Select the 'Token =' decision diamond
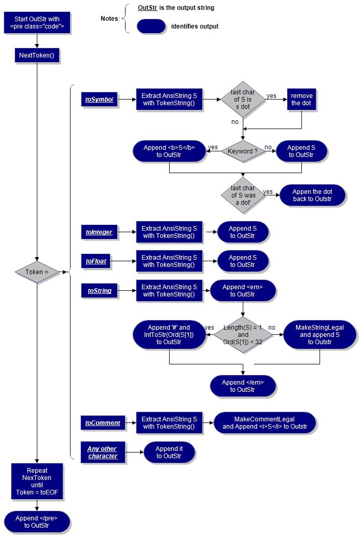pos(37,272)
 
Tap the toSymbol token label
pos(100,99)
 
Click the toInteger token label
pos(99,232)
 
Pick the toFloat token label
pos(96,261)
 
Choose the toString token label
pos(100,291)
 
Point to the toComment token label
pos(103,423)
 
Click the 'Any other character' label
pos(102,452)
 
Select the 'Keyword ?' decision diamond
pos(242,151)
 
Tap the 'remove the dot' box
pos(301,99)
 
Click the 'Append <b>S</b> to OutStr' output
pos(169,151)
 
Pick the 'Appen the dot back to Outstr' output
pos(312,195)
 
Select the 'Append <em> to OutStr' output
pos(243,291)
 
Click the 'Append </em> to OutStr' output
pos(243,386)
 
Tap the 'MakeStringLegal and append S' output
pos(320,335)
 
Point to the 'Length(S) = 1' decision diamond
pos(243,335)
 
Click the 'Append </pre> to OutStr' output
pos(37,521)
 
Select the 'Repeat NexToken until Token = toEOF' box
pos(37,482)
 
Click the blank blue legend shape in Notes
pos(151,26)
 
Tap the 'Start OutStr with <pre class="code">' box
pos(37,23)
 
